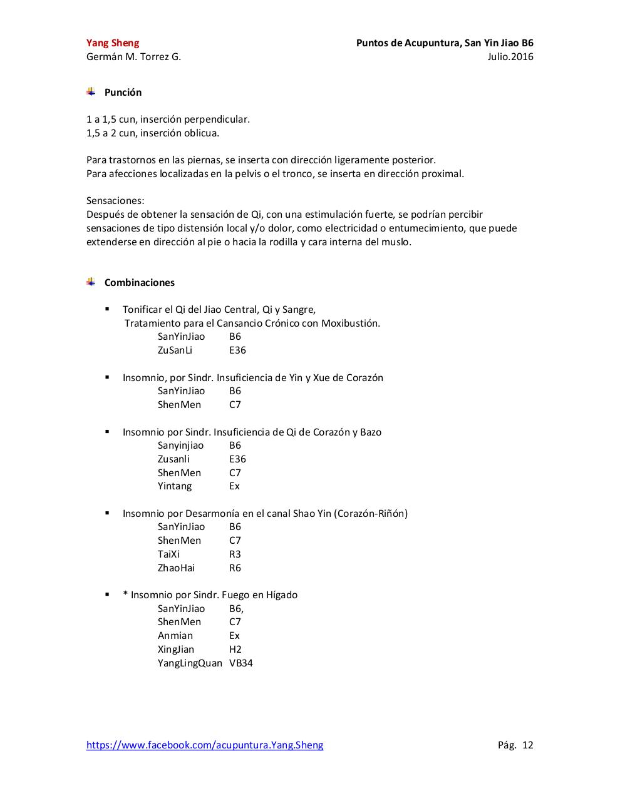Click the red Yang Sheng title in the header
(113, 43)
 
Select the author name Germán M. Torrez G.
(133, 57)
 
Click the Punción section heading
(123, 93)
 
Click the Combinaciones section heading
(140, 283)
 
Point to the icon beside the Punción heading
(91, 92)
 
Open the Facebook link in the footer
(205, 745)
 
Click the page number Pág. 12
(515, 745)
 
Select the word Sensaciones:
(115, 201)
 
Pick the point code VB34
(241, 663)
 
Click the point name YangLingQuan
(190, 663)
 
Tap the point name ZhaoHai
(176, 568)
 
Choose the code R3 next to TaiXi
(235, 554)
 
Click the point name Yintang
(175, 486)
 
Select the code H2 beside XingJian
(235, 650)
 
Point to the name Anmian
(175, 636)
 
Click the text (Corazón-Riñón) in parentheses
(371, 514)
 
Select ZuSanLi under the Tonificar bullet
(175, 350)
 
